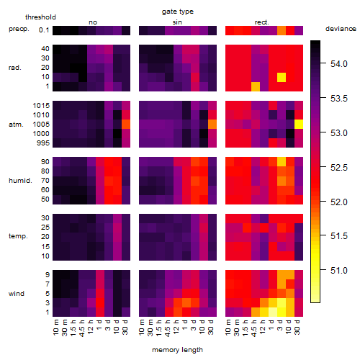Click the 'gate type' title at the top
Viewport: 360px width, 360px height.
coord(178,12)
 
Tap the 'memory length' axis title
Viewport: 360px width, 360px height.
coord(177,350)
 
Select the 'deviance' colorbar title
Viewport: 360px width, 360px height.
coord(341,29)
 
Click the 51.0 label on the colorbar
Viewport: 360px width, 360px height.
coord(339,271)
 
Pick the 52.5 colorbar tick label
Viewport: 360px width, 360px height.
coord(339,167)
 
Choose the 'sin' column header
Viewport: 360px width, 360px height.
coord(177,22)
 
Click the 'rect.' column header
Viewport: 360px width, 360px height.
coord(261,22)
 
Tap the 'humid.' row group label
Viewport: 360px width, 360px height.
coord(20,181)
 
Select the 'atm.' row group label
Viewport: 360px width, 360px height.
coord(16,125)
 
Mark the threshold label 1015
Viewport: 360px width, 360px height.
coord(41,106)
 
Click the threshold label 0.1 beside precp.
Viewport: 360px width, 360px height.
coord(44,30)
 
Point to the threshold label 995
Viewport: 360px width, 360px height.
coord(43,143)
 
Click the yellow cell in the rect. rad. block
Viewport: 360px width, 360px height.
coord(282,77)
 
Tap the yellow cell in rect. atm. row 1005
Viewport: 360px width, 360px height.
coord(299,124)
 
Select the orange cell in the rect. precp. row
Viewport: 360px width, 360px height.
coord(282,31)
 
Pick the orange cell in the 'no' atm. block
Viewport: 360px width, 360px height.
coord(126,124)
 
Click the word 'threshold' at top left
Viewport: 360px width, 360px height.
coord(40,17)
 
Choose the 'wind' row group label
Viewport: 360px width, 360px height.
coord(17,294)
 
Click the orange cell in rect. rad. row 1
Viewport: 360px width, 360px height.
coord(256,86)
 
